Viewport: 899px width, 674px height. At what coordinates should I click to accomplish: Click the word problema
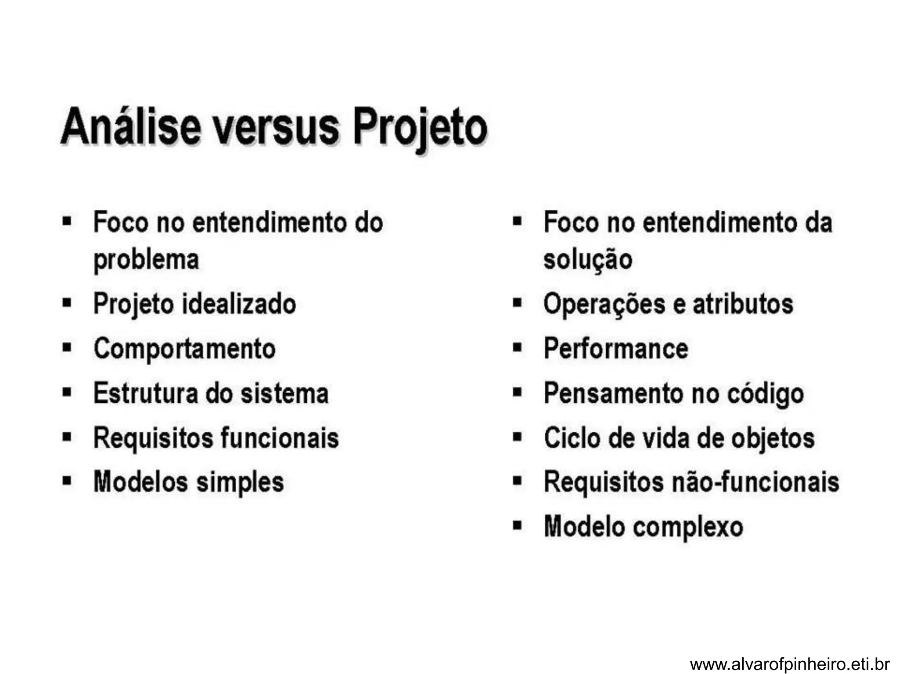click(146, 260)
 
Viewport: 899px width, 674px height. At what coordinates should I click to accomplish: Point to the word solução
click(588, 260)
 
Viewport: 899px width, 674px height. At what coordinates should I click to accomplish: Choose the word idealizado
click(239, 304)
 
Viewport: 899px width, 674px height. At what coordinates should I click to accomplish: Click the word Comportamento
click(184, 349)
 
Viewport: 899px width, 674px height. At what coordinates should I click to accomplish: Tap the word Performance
click(616, 349)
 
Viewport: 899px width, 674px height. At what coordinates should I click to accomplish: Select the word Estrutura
click(145, 393)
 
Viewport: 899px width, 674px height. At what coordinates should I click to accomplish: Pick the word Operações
click(604, 305)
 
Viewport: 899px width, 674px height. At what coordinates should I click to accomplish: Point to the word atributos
click(743, 304)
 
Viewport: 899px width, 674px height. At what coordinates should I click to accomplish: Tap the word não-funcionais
click(756, 482)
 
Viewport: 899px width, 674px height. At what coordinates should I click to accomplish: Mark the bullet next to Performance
click(518, 348)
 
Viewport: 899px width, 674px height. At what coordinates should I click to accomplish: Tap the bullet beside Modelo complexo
click(518, 525)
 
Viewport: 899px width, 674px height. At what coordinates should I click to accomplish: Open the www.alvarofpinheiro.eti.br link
click(790, 663)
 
